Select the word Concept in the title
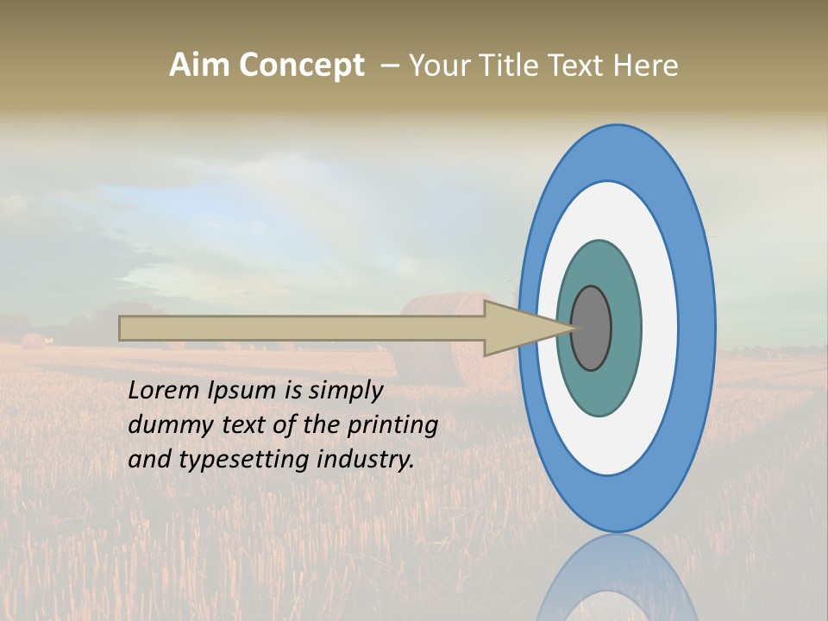[301, 65]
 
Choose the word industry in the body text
[366, 461]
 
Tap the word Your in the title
[436, 65]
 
